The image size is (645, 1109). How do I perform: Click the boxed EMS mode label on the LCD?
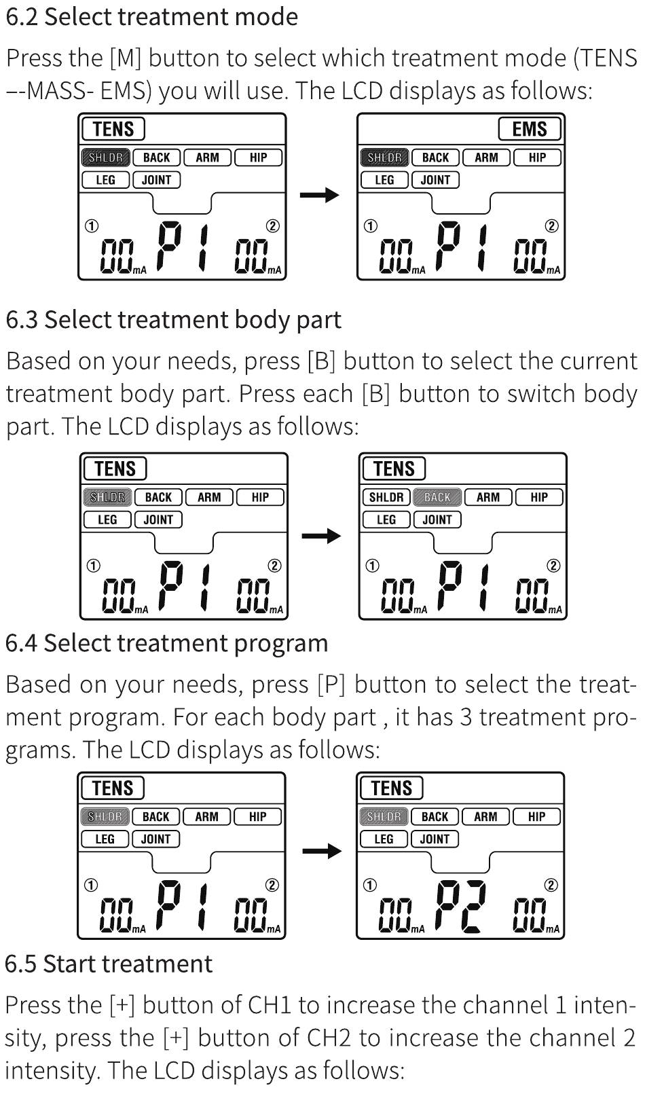529,129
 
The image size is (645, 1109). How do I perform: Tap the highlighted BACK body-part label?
437,497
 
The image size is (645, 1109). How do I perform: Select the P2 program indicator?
461,907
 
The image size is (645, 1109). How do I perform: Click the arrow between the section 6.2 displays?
320,195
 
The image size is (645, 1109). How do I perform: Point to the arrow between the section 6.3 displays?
321,535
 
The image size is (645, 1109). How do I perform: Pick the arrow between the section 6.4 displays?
322,851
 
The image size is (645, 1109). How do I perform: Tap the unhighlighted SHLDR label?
386,497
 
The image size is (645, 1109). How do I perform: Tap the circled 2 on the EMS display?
551,225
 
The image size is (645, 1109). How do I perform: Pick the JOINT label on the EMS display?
436,180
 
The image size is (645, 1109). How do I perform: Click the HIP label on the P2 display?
536,816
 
